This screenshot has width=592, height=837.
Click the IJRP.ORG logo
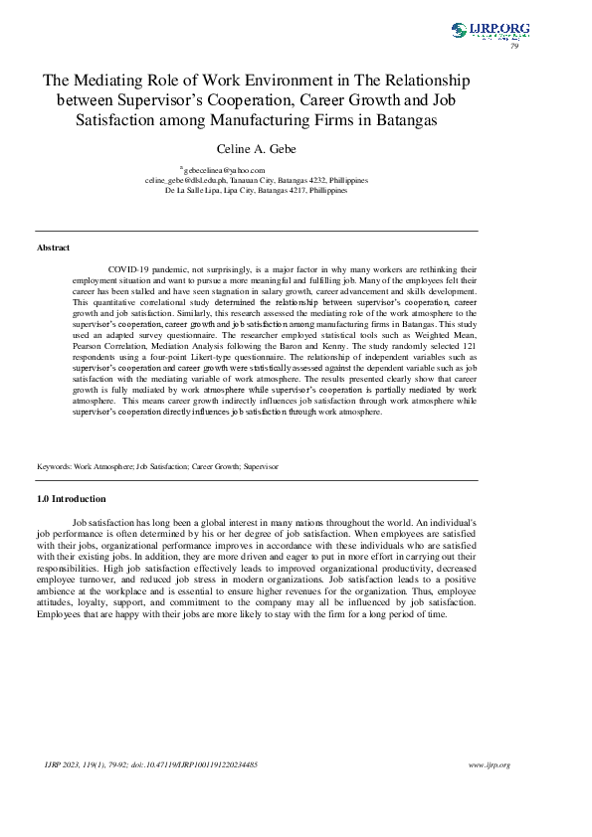490,30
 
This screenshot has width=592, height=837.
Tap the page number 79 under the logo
514,46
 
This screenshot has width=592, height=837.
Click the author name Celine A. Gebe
256,148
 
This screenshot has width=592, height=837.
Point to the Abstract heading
53,247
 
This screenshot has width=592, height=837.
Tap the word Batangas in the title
404,119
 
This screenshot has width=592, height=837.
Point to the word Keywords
55,465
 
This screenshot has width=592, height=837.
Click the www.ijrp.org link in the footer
489,764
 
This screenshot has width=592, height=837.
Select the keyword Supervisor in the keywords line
261,465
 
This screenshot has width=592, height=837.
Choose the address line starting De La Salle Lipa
256,189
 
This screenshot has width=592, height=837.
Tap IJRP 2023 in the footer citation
60,764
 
